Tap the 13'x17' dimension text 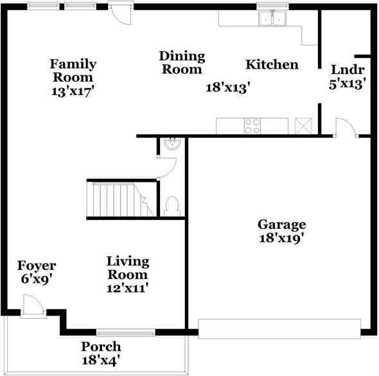73,91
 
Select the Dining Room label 182,62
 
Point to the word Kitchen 272,65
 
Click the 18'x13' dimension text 227,87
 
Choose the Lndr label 348,70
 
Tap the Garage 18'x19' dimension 281,238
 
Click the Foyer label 37,265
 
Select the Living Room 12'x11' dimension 128,288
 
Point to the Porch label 101,347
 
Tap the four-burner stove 252,125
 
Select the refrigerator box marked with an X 303,125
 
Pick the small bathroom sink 172,144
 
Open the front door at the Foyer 31,307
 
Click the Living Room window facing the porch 126,332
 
